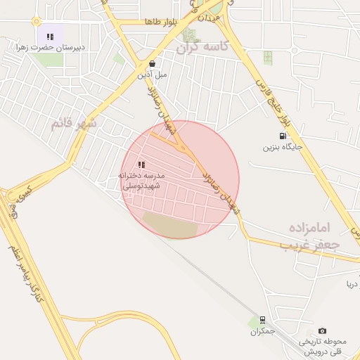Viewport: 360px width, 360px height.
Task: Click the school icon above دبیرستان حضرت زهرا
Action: point(50,36)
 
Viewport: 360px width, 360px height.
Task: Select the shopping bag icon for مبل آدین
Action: point(152,63)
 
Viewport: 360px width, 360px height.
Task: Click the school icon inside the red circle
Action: point(141,164)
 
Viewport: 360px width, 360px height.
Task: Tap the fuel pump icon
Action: point(282,136)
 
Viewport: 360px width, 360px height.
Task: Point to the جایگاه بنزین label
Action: point(283,148)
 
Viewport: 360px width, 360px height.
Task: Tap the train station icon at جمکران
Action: point(262,319)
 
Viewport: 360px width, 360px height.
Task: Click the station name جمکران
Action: point(261,330)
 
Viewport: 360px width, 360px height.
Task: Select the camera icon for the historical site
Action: point(322,330)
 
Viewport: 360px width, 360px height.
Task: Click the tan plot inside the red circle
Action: point(171,224)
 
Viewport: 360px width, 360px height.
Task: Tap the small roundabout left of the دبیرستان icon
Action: point(35,22)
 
